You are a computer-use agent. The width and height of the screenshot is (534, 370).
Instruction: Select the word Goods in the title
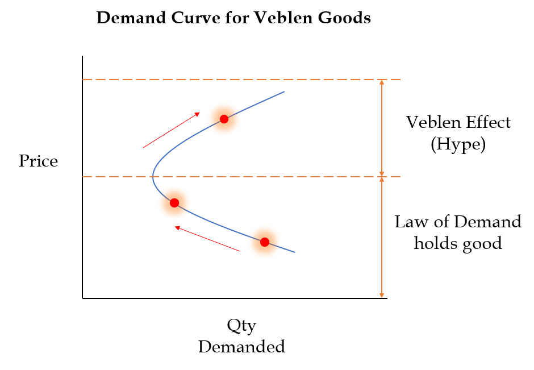(347, 18)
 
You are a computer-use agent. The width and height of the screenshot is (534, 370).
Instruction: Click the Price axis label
(39, 161)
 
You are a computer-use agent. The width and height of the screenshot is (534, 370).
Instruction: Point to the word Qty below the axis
(241, 326)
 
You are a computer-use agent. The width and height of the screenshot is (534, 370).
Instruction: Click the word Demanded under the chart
(241, 347)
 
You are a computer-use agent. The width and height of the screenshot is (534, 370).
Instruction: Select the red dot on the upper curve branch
(224, 119)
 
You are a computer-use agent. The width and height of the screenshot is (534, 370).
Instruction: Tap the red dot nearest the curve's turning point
(174, 202)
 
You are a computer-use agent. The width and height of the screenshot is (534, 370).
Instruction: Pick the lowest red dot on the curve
(264, 242)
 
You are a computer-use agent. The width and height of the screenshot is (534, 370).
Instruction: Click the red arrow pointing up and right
(171, 130)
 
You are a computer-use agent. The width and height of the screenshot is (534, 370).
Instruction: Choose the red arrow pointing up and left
(207, 239)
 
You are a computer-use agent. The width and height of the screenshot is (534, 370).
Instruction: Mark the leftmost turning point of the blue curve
(153, 177)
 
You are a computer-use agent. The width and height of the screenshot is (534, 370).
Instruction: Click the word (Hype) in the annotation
(458, 144)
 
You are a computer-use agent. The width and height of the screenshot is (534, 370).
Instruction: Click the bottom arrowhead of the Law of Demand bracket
(382, 295)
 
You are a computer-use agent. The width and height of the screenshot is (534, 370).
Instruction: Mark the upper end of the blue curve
(283, 92)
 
